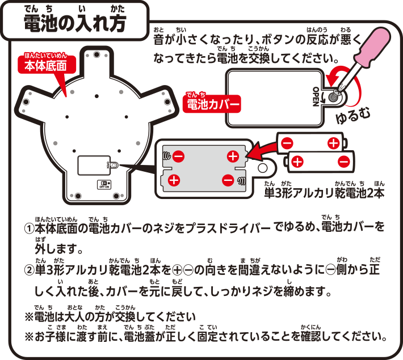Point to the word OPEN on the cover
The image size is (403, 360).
(x=316, y=94)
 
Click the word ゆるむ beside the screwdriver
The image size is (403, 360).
(x=355, y=115)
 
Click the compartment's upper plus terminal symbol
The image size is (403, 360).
(x=233, y=156)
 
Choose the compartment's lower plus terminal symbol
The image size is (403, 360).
(x=174, y=180)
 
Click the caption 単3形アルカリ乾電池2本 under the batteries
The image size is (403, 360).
(x=324, y=193)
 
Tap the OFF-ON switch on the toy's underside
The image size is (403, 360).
(x=104, y=184)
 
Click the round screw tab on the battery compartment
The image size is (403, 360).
(x=263, y=168)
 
